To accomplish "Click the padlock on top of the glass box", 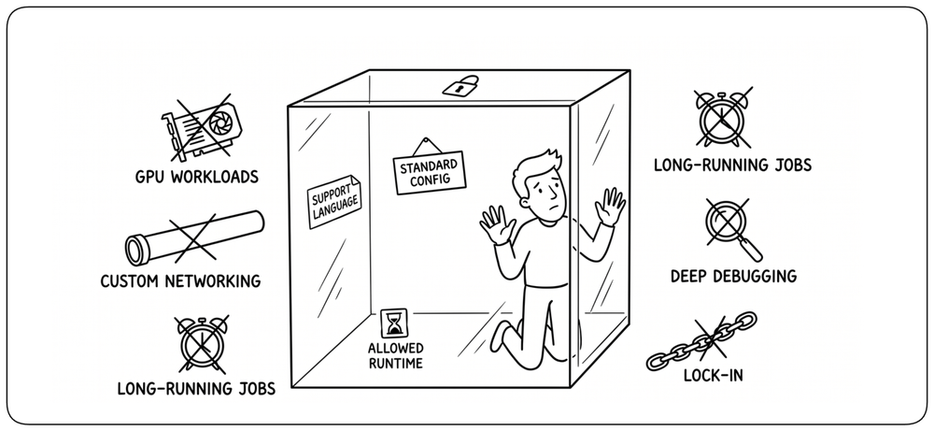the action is [x=460, y=85].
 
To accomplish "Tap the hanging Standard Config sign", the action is [x=430, y=171].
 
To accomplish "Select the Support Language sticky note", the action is [x=335, y=202].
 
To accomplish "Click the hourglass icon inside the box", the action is [x=394, y=323].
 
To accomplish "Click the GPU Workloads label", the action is [x=196, y=177].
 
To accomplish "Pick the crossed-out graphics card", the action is [x=202, y=127].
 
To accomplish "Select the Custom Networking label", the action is [x=180, y=280].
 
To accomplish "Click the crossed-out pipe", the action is [x=195, y=237].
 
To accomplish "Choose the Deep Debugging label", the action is [x=733, y=276].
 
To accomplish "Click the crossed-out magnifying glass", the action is [x=731, y=229].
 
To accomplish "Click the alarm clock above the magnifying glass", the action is [x=723, y=118].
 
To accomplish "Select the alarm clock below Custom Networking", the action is [x=202, y=344].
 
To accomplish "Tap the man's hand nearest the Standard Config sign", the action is [x=498, y=223].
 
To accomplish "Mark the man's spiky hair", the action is [x=537, y=164].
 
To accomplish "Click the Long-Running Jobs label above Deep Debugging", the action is [x=732, y=165].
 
